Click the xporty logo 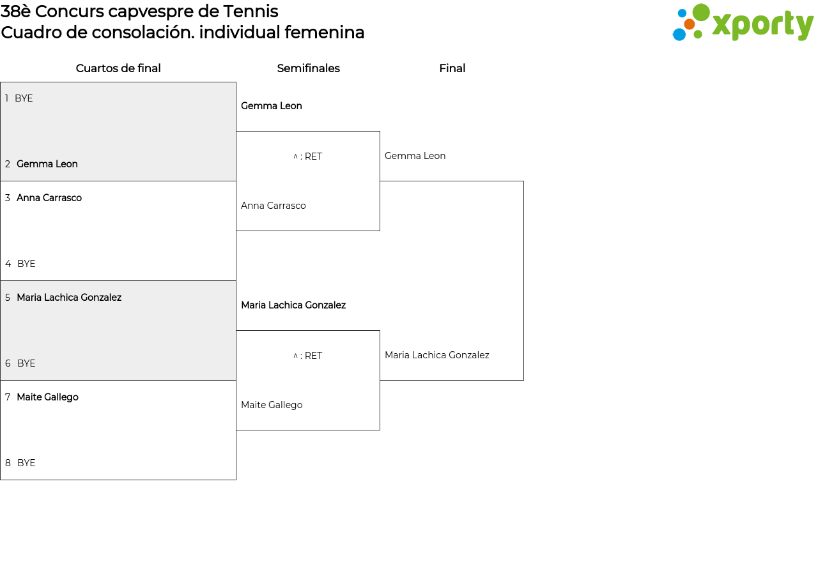tap(743, 22)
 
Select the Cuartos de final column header tap(118, 68)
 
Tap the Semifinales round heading tap(308, 68)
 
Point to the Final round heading tap(452, 68)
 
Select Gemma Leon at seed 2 tap(47, 164)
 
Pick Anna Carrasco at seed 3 tap(49, 198)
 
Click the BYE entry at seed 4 tap(26, 264)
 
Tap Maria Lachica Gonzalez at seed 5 tap(69, 298)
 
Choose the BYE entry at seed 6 tap(26, 363)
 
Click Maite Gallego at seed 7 tap(47, 397)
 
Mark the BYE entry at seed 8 tap(26, 463)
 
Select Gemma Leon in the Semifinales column tap(272, 106)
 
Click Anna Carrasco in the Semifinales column tap(273, 206)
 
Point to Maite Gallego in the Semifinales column tap(272, 405)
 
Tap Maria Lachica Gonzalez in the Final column tap(436, 355)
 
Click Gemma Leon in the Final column tap(415, 156)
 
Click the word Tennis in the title tap(251, 11)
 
